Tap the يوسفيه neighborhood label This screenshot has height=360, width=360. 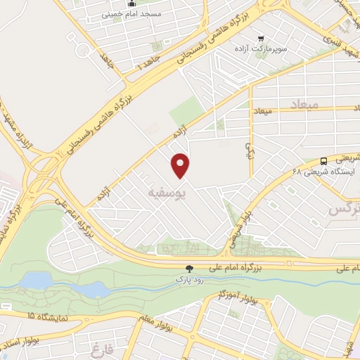click(167, 191)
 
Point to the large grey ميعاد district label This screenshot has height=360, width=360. click(304, 103)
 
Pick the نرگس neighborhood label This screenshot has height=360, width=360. click(343, 209)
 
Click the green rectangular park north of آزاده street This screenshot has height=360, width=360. click(186, 112)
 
